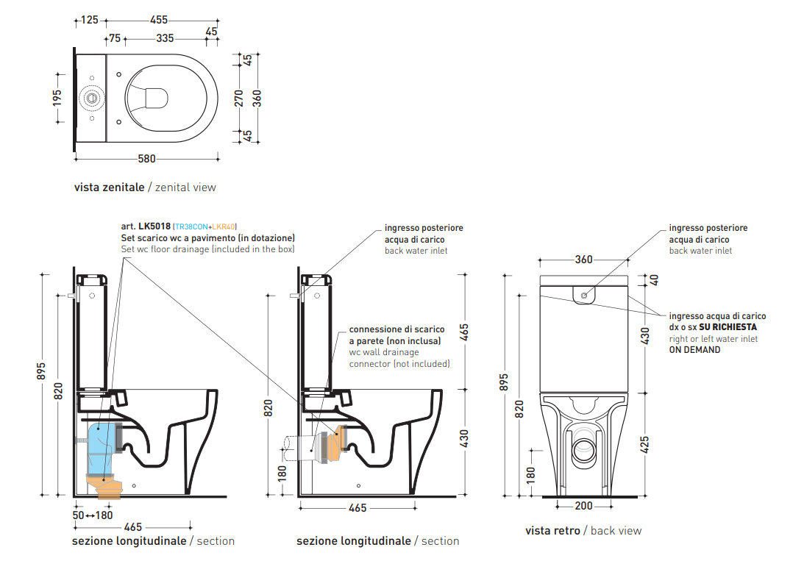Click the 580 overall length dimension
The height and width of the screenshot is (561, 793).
coord(147,159)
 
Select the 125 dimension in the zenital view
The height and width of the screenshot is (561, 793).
coord(90,20)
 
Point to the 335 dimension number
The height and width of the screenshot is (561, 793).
coord(165,37)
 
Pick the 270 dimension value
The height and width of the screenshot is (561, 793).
coord(238,97)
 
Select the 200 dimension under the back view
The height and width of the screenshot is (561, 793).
coord(583,506)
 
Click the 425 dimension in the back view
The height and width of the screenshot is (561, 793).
coord(645,445)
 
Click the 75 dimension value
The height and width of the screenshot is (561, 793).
coord(114,37)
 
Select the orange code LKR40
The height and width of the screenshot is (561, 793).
coord(224,227)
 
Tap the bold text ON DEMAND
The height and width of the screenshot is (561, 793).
coord(694,350)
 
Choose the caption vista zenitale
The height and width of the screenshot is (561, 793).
coord(109,187)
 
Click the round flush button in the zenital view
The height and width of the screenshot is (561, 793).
coord(92,97)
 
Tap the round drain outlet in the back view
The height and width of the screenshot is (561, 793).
coord(585,446)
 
